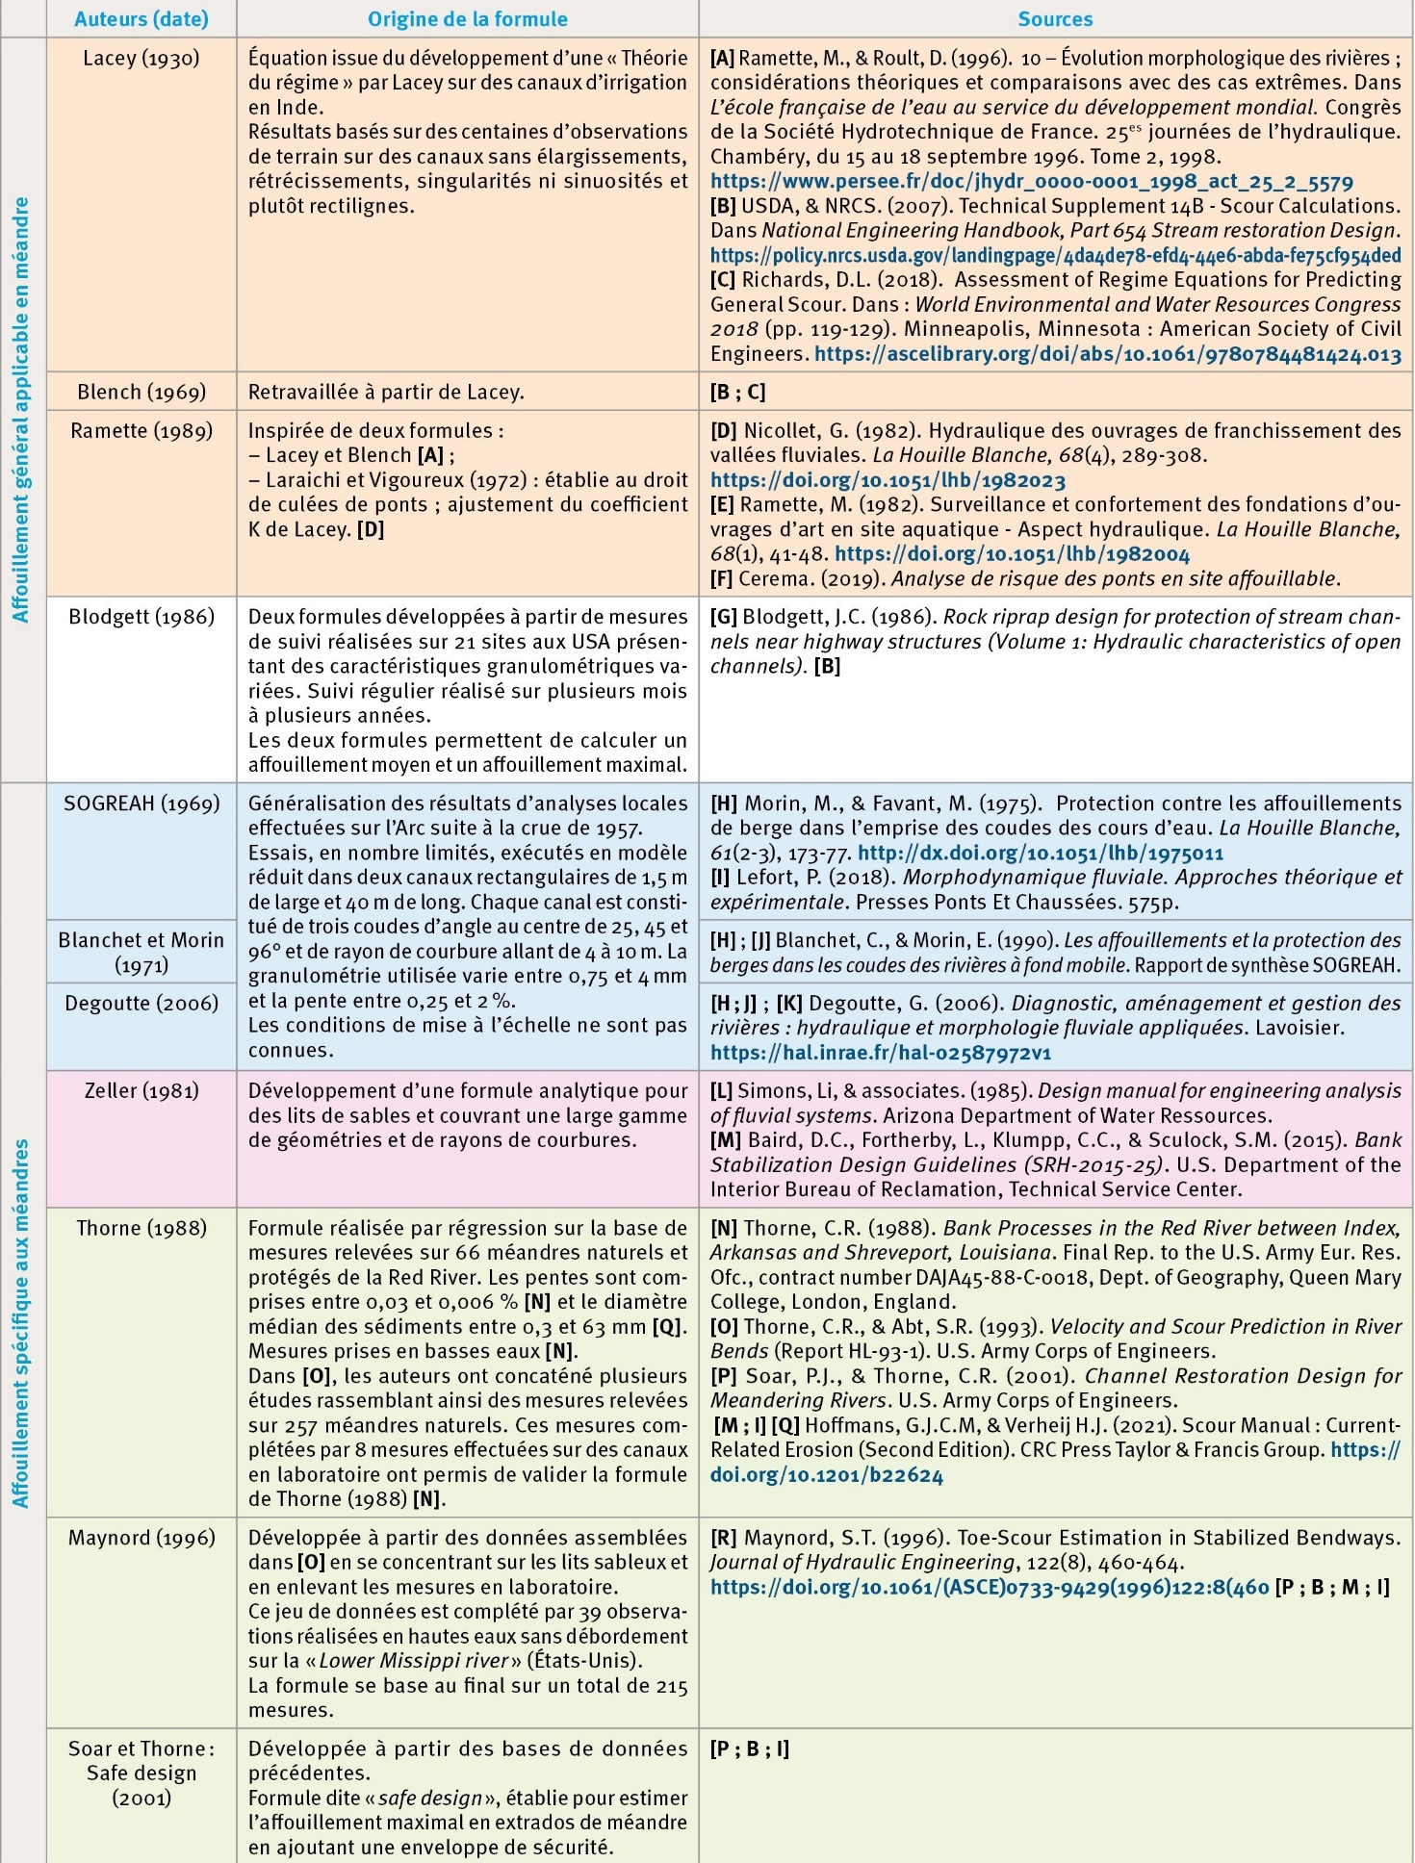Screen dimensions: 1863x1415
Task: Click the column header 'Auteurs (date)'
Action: [x=141, y=19]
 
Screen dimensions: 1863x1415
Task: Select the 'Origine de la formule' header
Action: [x=468, y=19]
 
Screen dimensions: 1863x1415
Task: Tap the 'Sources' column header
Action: [x=1055, y=19]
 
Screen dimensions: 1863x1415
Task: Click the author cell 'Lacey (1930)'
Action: [x=141, y=59]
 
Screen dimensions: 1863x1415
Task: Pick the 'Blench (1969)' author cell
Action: [x=141, y=392]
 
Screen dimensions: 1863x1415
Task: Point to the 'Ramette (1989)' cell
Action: [x=141, y=430]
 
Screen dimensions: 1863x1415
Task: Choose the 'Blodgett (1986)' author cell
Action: [x=141, y=617]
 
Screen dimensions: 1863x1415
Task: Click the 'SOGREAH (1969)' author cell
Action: [x=141, y=804]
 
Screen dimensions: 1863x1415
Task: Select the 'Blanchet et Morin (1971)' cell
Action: [x=141, y=952]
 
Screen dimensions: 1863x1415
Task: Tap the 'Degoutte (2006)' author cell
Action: [x=141, y=1004]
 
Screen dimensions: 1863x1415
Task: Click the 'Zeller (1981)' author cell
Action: [x=141, y=1091]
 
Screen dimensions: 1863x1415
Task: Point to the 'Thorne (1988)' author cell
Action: [x=141, y=1228]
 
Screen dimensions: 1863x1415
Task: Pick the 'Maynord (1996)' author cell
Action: [x=141, y=1538]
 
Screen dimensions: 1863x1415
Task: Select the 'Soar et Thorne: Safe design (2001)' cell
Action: [x=141, y=1773]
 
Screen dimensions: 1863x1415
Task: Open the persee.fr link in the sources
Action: [x=1031, y=181]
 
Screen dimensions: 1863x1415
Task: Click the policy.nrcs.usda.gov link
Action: [x=1055, y=255]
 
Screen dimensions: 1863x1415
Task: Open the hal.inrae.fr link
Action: [x=880, y=1053]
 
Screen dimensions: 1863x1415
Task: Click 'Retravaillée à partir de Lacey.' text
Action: [x=386, y=392]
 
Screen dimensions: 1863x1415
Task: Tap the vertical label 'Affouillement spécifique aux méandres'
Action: [x=22, y=1323]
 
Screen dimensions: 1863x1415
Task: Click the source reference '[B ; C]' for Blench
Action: [x=737, y=392]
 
